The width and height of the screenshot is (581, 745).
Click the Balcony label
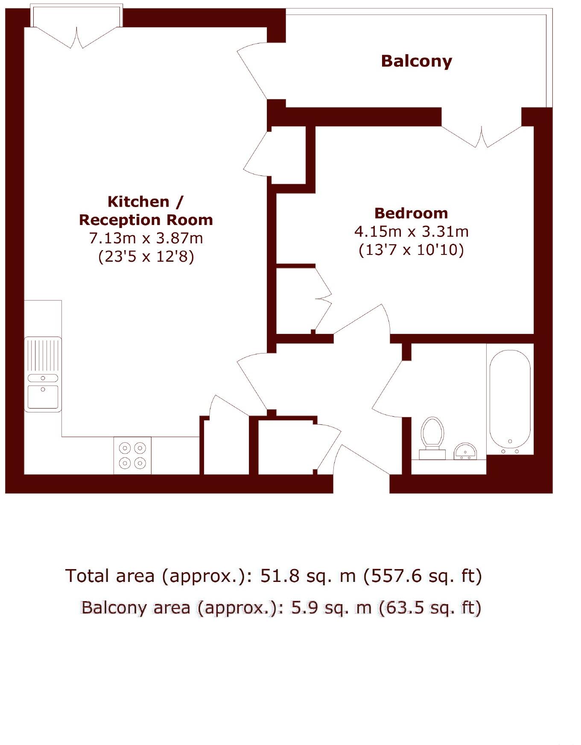(416, 61)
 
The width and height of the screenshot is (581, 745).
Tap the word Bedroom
(411, 213)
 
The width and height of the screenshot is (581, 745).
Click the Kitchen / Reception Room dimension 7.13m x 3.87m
(146, 238)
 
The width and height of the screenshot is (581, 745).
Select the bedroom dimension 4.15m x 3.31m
(411, 231)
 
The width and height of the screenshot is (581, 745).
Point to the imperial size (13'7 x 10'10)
(411, 249)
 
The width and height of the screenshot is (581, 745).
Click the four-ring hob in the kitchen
(132, 455)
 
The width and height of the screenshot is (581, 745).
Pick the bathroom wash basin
(465, 451)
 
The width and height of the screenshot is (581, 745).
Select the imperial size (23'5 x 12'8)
(146, 256)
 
